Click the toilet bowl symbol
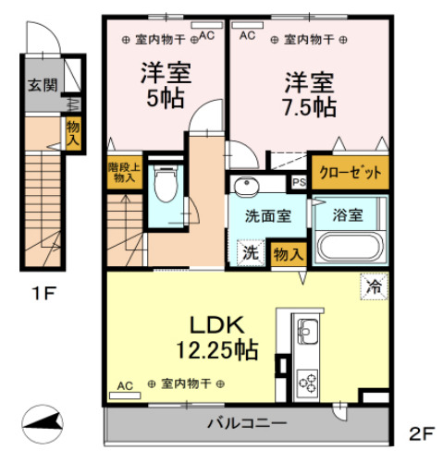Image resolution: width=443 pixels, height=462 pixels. coord(166,184)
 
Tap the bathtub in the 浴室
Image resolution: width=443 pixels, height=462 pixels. coord(350,248)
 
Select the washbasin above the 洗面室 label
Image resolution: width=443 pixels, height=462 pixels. coord(246,187)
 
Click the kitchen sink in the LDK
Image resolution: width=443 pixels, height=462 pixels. coord(308,332)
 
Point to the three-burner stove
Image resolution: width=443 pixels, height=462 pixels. coord(307,383)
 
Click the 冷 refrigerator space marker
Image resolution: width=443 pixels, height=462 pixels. coord(375,286)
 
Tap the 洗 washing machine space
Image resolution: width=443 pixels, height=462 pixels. coord(251,252)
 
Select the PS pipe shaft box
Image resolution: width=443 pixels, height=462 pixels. coord(299,182)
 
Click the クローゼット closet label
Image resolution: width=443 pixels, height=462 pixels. coord(351,173)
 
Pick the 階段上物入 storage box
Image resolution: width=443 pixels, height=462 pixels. coord(125,173)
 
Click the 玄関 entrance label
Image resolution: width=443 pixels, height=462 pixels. coord(43,85)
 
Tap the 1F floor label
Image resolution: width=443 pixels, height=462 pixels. coord(43,293)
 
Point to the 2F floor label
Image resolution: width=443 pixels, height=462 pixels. coord(422,433)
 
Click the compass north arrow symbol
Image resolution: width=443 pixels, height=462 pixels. coord(43,424)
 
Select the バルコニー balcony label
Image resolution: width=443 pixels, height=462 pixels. coord(247,423)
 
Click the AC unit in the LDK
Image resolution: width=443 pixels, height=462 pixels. coord(125,395)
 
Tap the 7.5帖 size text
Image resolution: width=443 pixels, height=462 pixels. coord(309,107)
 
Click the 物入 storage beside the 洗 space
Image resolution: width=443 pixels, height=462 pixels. coord(289,254)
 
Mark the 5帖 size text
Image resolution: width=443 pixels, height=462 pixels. coord(166,99)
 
